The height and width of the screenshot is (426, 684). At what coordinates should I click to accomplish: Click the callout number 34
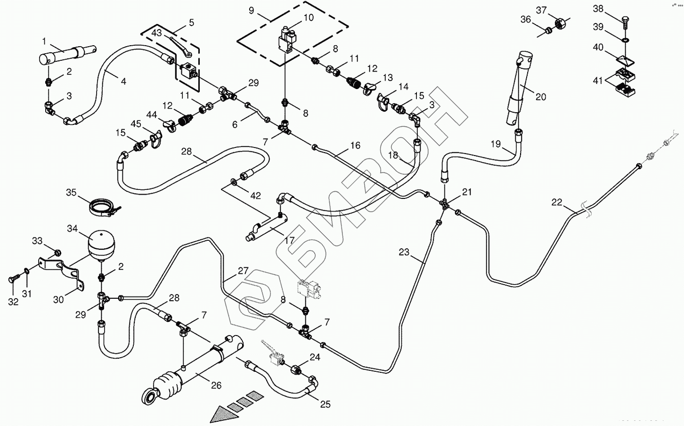pyautogui.click(x=72, y=229)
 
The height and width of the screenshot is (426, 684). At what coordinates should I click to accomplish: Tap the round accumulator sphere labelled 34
pyautogui.click(x=101, y=244)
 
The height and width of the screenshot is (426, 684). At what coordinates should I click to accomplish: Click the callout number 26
pyautogui.click(x=216, y=385)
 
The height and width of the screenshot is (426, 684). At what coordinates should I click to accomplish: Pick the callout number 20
pyautogui.click(x=541, y=97)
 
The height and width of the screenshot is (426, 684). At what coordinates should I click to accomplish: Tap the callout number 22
pyautogui.click(x=557, y=202)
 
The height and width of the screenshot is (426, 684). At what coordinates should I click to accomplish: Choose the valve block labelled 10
pyautogui.click(x=285, y=40)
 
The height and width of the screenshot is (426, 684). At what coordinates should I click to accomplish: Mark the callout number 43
pyautogui.click(x=156, y=33)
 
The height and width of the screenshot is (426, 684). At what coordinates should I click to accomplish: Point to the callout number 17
pyautogui.click(x=289, y=240)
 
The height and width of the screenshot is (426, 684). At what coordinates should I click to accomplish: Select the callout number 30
pyautogui.click(x=58, y=299)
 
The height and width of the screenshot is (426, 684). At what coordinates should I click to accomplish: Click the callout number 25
pyautogui.click(x=326, y=404)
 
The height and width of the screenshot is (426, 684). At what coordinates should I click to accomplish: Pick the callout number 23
pyautogui.click(x=404, y=253)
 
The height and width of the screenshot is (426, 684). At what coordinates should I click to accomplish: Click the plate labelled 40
pyautogui.click(x=625, y=60)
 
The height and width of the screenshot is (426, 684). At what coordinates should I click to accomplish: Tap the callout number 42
pyautogui.click(x=255, y=196)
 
